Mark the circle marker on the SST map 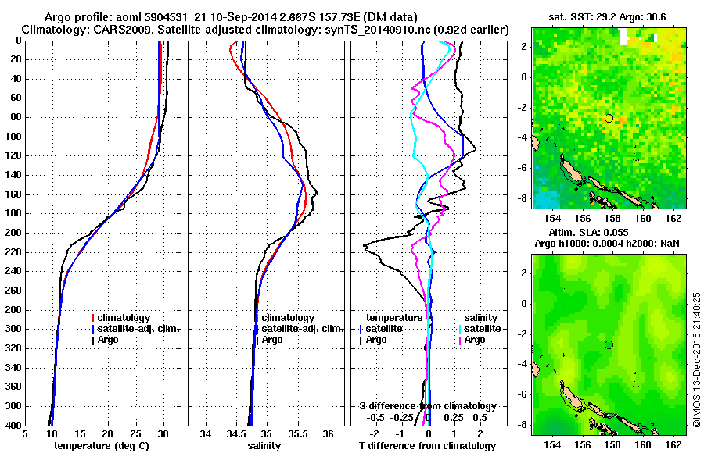tap(609, 118)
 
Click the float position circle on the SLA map tap(609, 344)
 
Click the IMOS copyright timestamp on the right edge tap(695, 358)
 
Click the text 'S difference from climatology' tap(427, 406)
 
